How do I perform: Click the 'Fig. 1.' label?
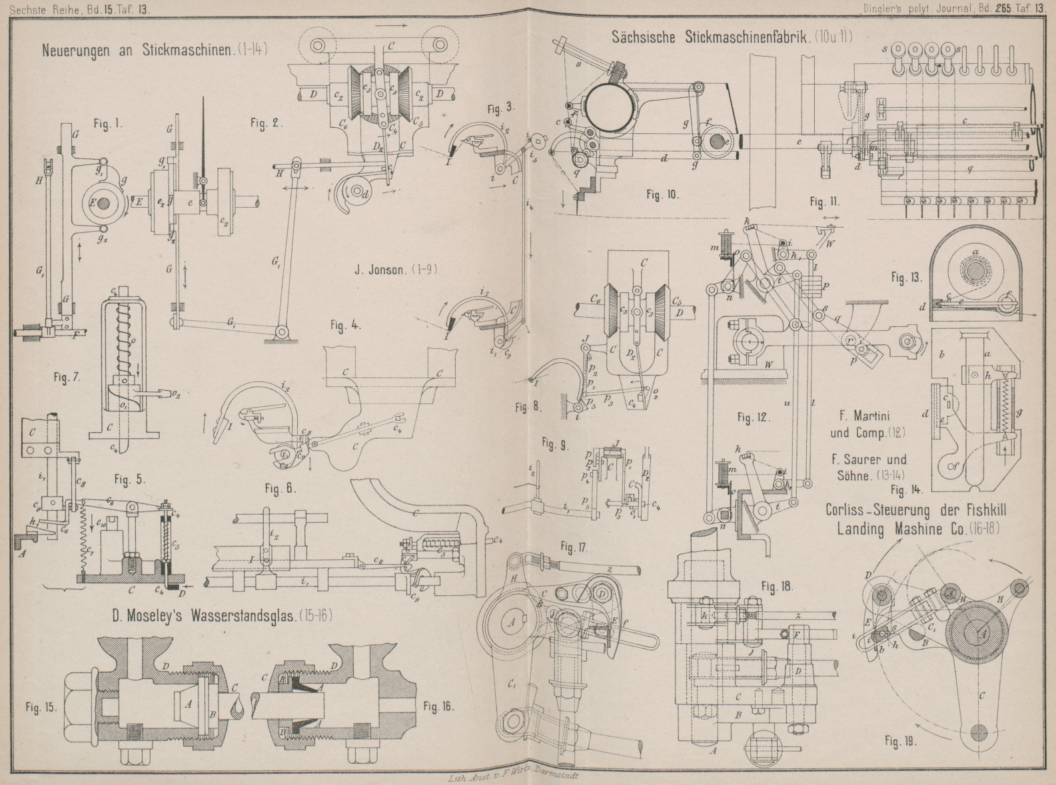107,124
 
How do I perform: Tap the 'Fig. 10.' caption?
662,194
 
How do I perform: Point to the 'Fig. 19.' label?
900,740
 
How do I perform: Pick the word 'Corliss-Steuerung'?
890,510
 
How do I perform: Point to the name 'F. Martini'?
863,416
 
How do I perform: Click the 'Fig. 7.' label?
67,378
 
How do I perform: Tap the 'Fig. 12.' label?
754,417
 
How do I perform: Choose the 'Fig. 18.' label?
777,587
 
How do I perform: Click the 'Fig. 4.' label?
345,326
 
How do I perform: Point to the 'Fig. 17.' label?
573,547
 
